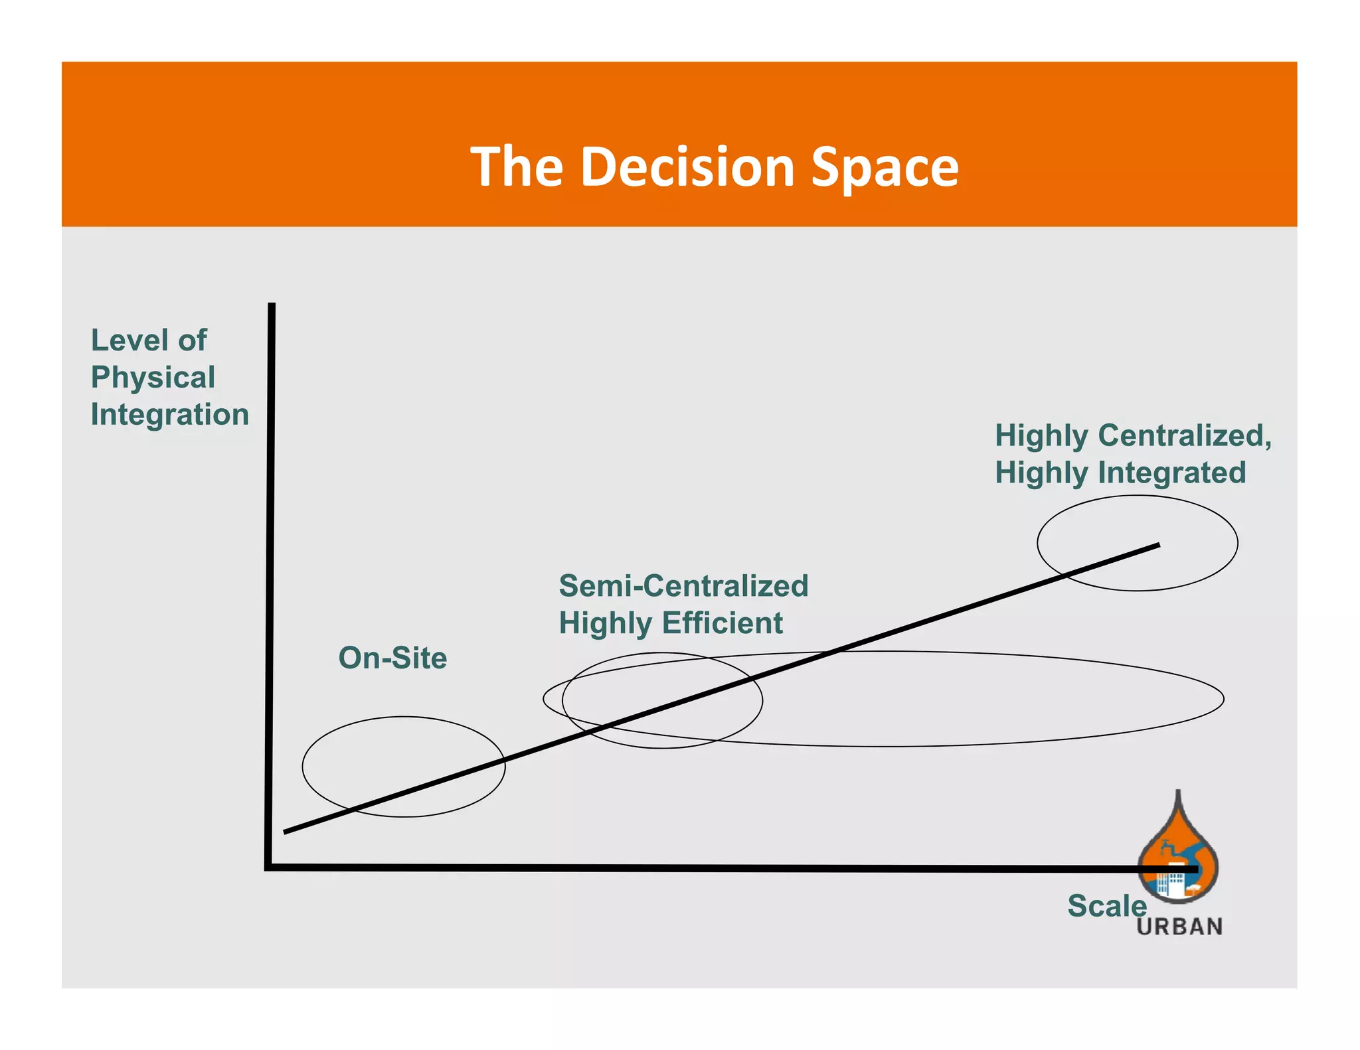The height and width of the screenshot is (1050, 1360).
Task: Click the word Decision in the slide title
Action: click(x=687, y=167)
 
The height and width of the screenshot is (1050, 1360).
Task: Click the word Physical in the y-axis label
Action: click(x=153, y=378)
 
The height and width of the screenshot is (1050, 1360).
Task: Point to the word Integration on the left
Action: click(x=170, y=414)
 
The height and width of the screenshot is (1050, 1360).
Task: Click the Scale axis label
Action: click(x=1106, y=906)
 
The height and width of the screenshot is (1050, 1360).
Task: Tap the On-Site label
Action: click(x=392, y=658)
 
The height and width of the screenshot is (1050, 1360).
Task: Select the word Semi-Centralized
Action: click(x=683, y=585)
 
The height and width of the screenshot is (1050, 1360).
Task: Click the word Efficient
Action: click(x=722, y=623)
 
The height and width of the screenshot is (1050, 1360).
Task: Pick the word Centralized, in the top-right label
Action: click(x=1185, y=436)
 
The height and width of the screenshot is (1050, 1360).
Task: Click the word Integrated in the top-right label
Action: click(x=1171, y=473)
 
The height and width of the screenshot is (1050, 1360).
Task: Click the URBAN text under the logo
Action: click(x=1179, y=927)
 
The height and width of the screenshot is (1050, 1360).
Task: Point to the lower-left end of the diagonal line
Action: click(x=286, y=831)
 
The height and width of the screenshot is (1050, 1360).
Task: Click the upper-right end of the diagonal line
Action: click(x=1158, y=546)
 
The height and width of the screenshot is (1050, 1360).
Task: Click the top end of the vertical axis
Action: click(x=272, y=305)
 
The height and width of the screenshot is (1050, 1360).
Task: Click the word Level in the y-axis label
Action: click(x=129, y=340)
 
